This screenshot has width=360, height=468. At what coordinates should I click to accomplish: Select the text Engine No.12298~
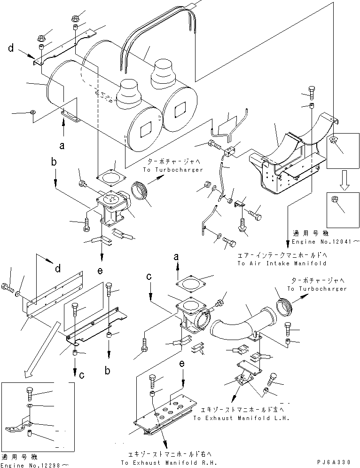click(35, 464)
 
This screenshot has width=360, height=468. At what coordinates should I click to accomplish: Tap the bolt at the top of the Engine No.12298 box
click(29, 391)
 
